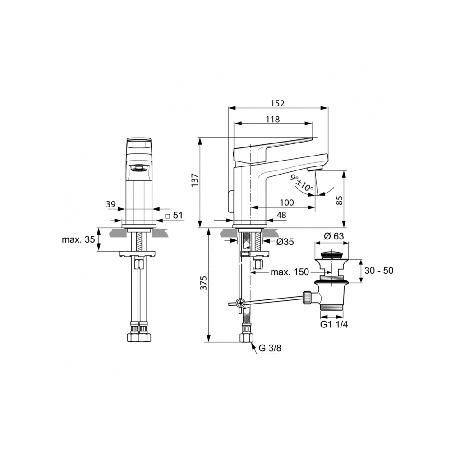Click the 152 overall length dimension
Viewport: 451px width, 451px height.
[277, 103]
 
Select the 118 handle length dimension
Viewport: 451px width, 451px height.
[273, 119]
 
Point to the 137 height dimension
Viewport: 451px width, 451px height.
[195, 180]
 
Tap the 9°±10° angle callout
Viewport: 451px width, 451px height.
[301, 183]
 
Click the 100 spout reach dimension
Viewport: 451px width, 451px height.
[287, 202]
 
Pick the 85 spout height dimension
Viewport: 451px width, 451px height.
[340, 200]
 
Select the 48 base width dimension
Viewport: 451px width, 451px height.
[281, 215]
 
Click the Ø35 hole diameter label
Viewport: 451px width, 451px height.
[285, 242]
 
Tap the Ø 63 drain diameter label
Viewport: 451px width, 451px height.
[334, 236]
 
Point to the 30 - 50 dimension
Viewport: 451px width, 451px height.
[379, 271]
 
